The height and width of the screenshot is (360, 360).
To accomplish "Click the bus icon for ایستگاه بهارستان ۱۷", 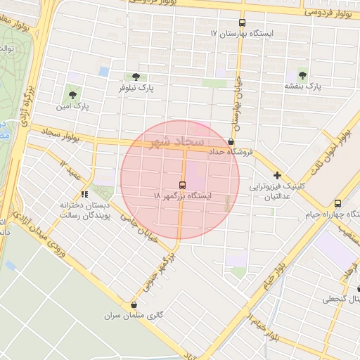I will [243, 22].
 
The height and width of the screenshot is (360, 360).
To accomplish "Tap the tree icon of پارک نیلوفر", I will [136, 77].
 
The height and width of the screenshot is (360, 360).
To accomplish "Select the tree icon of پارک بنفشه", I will [302, 74].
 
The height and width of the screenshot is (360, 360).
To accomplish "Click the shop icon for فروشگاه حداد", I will [231, 141].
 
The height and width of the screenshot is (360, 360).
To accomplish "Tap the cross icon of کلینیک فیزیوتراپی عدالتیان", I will [278, 175].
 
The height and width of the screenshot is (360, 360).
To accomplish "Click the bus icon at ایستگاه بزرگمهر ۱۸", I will [184, 185].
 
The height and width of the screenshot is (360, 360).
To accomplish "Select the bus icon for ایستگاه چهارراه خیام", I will [338, 204].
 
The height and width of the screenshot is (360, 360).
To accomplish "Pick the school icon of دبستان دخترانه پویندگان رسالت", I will [84, 194].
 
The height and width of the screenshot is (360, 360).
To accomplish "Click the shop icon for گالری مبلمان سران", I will [134, 304].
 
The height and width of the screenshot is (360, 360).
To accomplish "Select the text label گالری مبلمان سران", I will [138, 316].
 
